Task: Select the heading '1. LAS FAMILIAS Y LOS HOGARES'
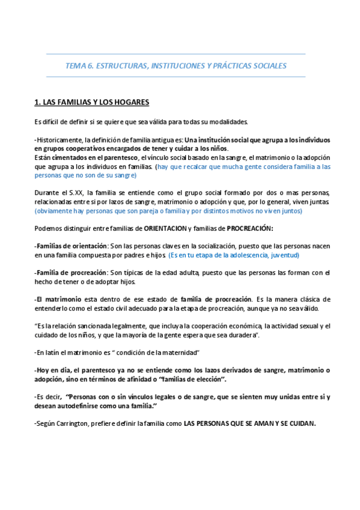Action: tap(91, 102)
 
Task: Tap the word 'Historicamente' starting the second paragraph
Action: tap(59, 140)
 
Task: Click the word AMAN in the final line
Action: tap(256, 423)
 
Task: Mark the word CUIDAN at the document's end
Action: tap(299, 423)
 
